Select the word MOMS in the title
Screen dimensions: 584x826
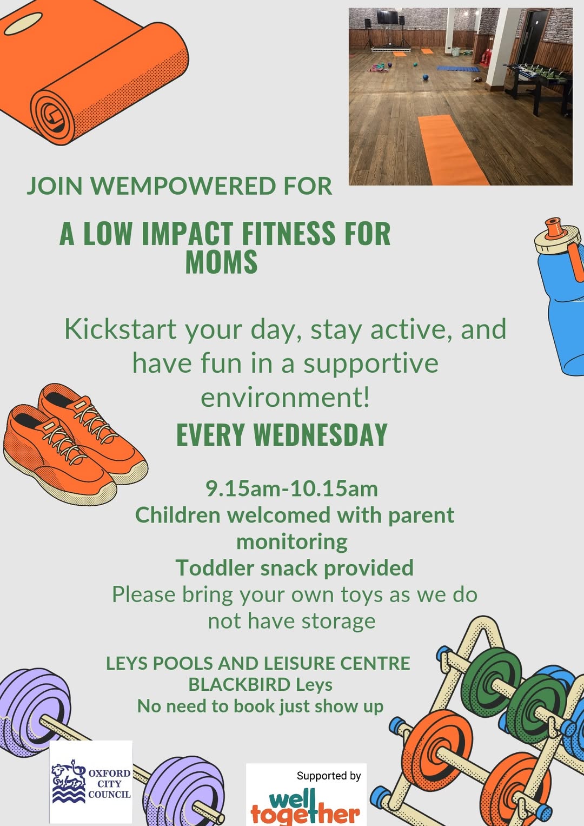tap(221, 261)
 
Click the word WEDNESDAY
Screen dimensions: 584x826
tap(320, 435)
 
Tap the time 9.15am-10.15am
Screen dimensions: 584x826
tap(291, 489)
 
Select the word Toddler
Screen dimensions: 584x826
tap(215, 568)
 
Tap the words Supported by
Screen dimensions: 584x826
tap(329, 776)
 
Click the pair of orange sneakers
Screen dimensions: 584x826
tap(76, 444)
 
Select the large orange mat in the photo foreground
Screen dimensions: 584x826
tap(452, 149)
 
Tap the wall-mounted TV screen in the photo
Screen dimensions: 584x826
tap(388, 17)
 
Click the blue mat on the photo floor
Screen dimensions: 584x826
tap(459, 69)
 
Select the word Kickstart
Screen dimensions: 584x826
tap(120, 329)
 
